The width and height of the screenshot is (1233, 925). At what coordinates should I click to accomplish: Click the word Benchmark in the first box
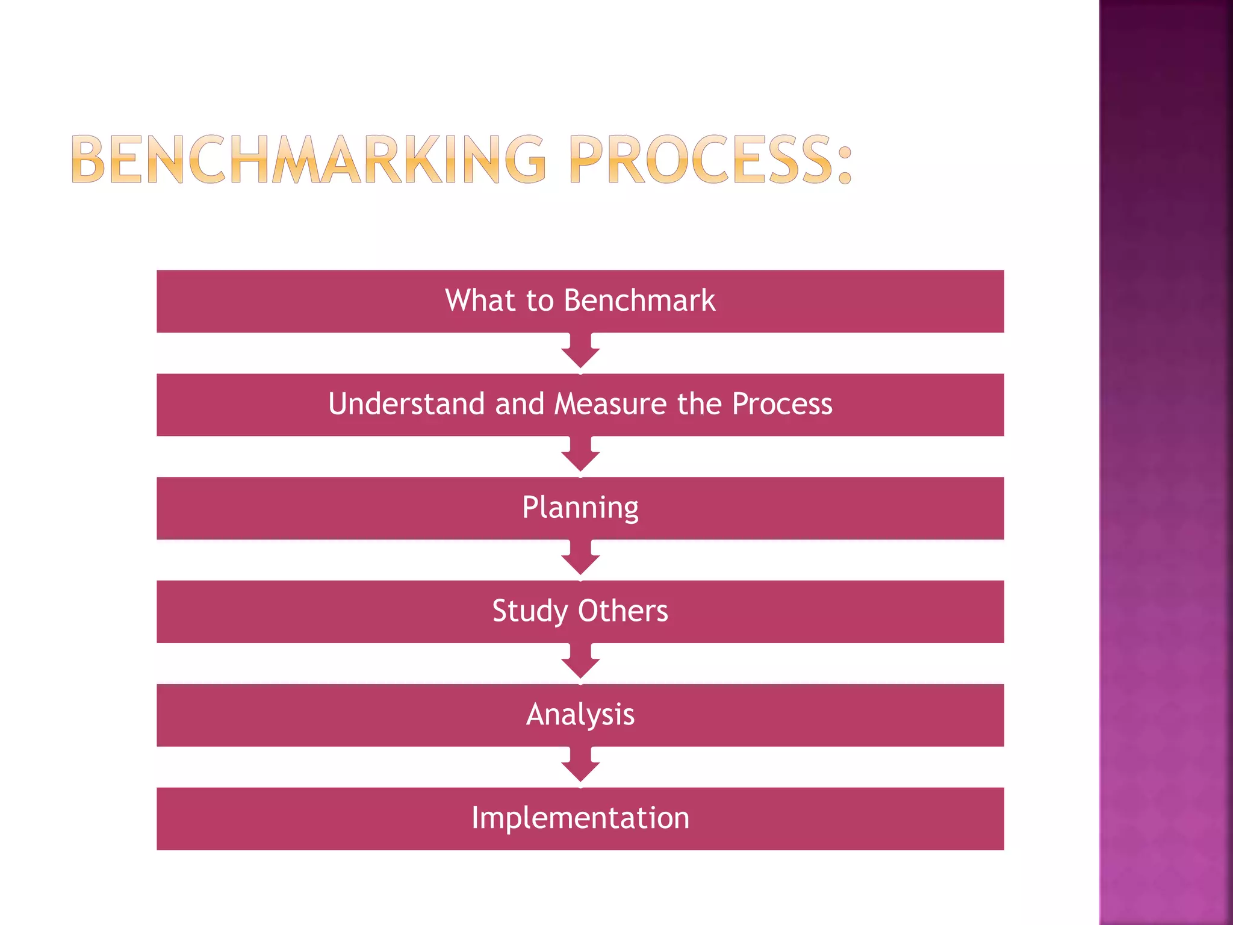click(x=639, y=300)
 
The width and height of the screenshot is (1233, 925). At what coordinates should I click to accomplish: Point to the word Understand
click(x=406, y=403)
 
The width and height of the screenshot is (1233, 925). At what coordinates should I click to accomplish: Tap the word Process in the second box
click(x=782, y=403)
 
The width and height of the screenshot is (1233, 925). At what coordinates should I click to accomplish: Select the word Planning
click(x=580, y=508)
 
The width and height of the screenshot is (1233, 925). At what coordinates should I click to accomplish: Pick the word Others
click(x=623, y=611)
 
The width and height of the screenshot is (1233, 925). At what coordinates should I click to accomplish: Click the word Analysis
click(x=580, y=715)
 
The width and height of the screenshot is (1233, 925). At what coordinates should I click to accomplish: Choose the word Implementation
click(x=580, y=818)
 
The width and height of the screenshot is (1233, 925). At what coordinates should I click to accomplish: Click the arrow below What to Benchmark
click(x=580, y=352)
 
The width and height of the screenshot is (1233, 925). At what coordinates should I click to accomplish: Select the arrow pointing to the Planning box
click(x=580, y=455)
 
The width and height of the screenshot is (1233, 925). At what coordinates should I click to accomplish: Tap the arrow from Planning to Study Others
click(x=580, y=559)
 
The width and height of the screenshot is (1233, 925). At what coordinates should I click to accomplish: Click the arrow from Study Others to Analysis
click(x=580, y=662)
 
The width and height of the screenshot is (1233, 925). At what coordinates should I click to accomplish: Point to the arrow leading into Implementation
click(x=580, y=766)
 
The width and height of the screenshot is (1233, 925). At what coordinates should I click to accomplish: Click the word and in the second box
click(x=520, y=403)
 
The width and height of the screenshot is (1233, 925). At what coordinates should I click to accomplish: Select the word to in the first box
click(x=539, y=300)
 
